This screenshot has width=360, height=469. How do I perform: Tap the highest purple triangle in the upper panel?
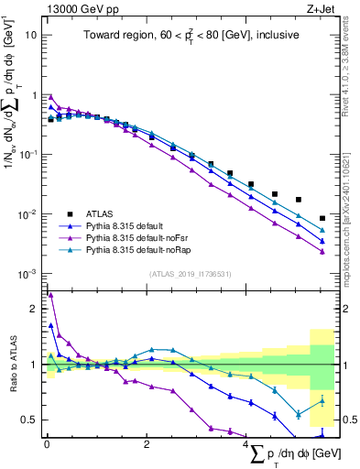50,96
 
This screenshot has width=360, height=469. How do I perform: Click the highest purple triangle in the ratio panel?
50,295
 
